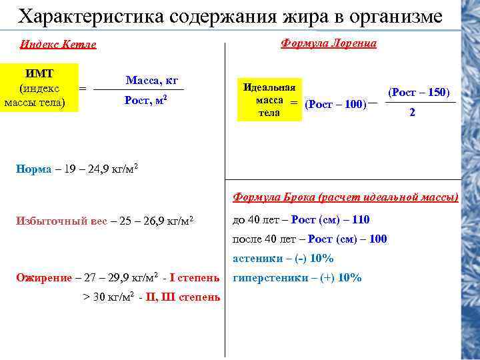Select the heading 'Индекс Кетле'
tap(58, 45)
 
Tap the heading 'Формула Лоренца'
tap(329, 43)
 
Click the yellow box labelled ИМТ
tap(39, 87)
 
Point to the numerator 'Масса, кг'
tap(151, 81)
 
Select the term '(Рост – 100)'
tap(335, 104)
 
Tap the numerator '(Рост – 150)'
tap(419, 91)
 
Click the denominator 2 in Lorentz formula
tap(413, 113)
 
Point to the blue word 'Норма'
tap(33, 169)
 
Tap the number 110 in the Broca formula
tap(361, 219)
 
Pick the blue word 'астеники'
tap(257, 258)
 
